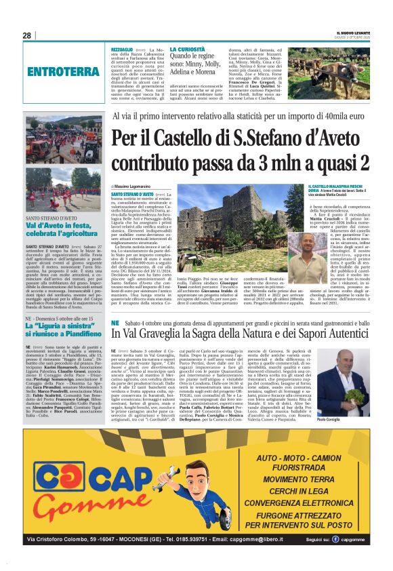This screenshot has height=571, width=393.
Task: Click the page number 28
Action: pos(27,36)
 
